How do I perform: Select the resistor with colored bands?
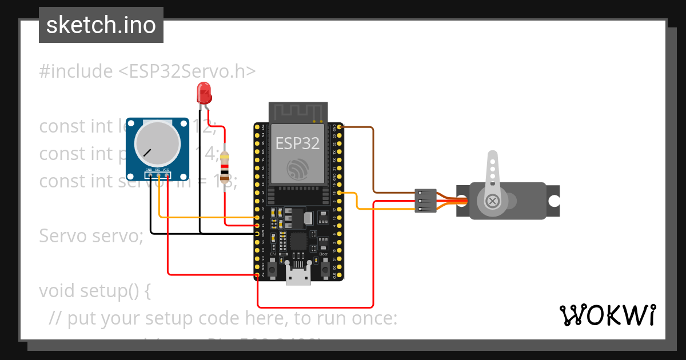(225, 168)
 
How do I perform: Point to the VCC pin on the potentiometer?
(166, 175)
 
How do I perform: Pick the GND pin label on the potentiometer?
(149, 170)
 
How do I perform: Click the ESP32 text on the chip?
(297, 143)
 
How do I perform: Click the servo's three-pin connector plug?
(425, 201)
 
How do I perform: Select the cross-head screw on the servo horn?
(492, 201)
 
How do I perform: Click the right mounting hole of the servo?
(553, 201)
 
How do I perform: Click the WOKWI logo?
(607, 315)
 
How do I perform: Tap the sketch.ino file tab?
(101, 25)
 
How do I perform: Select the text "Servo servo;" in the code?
(91, 235)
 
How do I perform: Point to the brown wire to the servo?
(373, 160)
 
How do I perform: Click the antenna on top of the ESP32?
(298, 112)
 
